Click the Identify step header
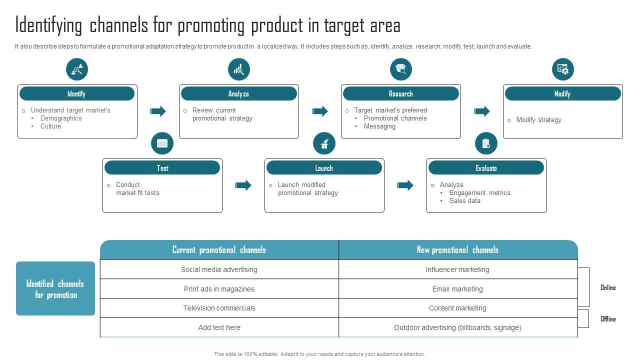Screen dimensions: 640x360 76,93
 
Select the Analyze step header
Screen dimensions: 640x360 238,93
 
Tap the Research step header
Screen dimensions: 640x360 400,93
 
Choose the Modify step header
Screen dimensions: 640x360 562,93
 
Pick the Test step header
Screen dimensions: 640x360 162,168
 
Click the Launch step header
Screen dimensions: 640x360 324,168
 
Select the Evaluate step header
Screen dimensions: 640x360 486,168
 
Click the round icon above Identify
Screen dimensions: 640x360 77,69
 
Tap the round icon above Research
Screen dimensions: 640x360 401,69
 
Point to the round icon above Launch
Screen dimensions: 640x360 324,144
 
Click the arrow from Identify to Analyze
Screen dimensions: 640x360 158,111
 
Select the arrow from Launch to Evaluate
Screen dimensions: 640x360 405,185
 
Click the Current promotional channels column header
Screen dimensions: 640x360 219,250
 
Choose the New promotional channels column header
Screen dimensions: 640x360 457,250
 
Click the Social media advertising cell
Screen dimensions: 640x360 219,269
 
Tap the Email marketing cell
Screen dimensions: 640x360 457,289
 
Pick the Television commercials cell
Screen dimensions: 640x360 219,308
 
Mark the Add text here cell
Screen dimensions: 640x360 219,327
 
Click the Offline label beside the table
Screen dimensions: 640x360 608,319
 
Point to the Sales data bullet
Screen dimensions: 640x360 464,200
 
